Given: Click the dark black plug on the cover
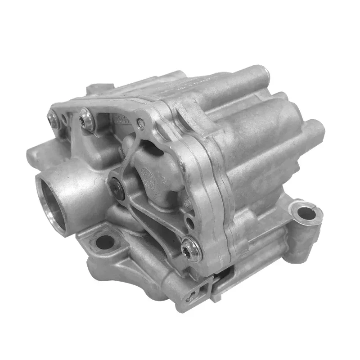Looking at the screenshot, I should (117, 185).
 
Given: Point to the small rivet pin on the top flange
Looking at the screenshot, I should (141, 122).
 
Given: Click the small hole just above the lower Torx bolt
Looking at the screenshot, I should (189, 224).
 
